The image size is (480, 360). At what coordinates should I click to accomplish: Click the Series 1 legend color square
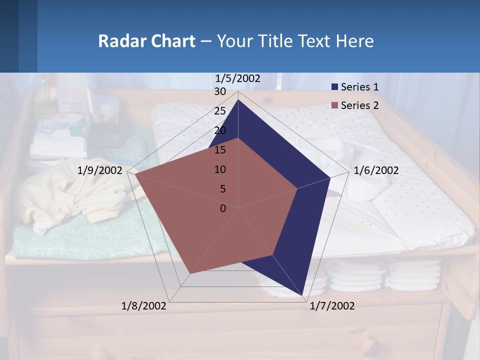point(334,87)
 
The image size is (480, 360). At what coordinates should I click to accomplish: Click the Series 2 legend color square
point(334,105)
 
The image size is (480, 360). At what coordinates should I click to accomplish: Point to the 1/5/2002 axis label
point(237,78)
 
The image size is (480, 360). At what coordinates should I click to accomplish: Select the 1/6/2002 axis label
point(376,170)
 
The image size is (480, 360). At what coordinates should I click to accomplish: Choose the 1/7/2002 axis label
point(332,306)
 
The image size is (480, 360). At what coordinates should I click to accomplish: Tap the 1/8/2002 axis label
point(144,306)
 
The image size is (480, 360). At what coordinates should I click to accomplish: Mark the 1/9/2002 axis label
point(100,170)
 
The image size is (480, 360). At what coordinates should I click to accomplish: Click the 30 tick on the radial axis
point(220,92)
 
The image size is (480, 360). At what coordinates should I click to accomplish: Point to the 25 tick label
point(220,111)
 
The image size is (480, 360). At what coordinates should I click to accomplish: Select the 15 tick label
point(220,150)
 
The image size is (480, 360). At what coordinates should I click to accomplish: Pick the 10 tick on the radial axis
point(220,169)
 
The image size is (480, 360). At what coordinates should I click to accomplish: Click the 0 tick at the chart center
point(223,208)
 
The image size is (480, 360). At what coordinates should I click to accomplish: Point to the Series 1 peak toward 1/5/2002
point(238,99)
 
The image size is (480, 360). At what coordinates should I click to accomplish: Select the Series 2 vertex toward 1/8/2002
point(190,274)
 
